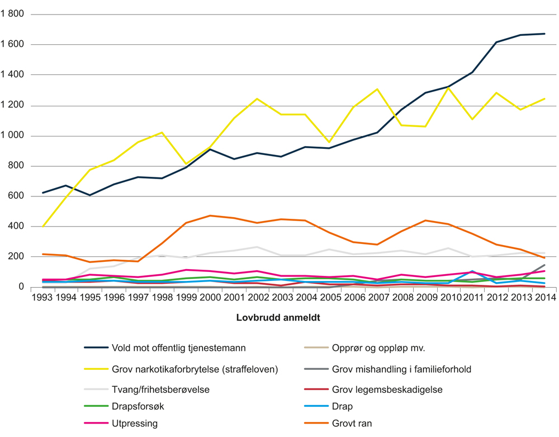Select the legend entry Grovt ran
(352, 424)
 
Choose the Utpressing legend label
(134, 424)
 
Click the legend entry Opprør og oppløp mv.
(378, 347)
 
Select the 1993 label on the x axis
(43, 297)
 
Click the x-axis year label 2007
(377, 297)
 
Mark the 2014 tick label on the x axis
(544, 297)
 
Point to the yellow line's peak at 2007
(377, 89)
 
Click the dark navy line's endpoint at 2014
(544, 34)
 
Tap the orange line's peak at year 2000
(210, 215)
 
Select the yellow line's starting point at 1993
(43, 226)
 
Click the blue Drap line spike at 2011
(473, 271)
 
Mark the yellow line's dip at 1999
(186, 164)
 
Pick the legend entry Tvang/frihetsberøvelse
(160, 388)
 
